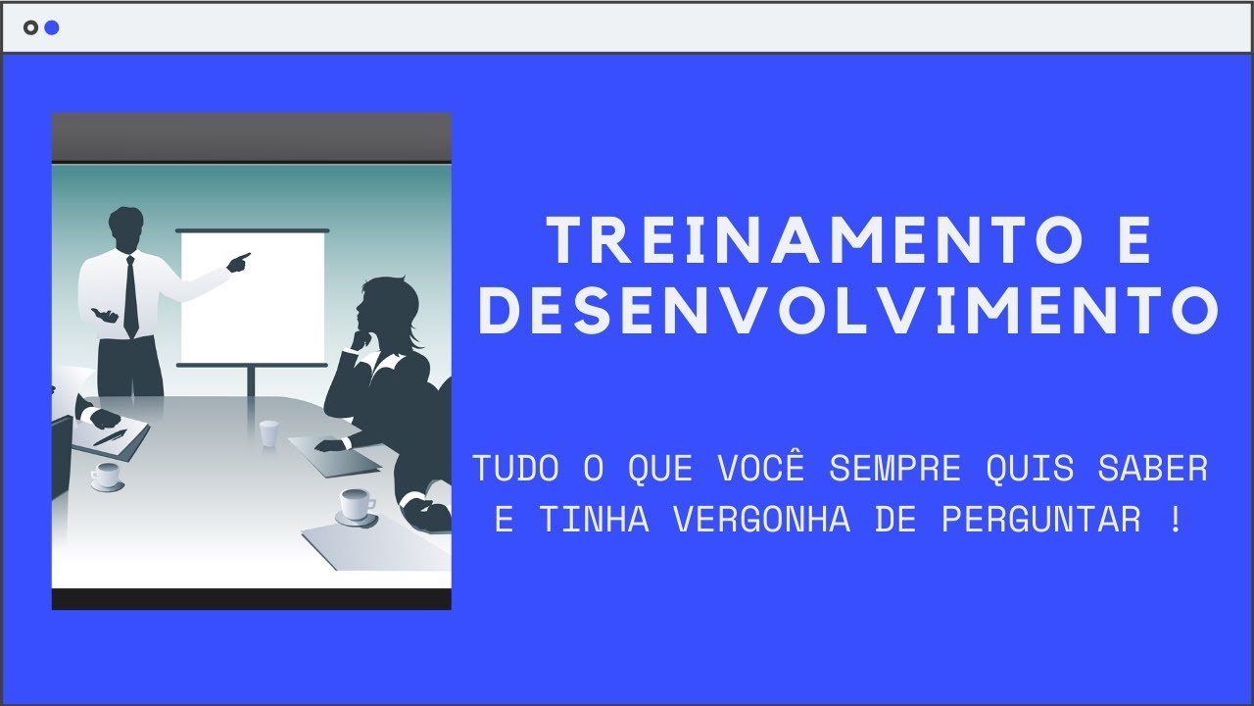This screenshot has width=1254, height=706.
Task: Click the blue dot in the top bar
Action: coord(52,27)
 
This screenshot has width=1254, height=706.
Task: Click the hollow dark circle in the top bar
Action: coord(30,27)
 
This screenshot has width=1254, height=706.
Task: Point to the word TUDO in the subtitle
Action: coord(516,470)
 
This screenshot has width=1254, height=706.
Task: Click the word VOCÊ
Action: coord(761,470)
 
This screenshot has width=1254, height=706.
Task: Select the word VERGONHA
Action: coord(761,521)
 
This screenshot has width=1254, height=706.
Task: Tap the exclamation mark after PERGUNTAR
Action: coord(1176,521)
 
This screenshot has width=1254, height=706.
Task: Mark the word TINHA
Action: coord(594,521)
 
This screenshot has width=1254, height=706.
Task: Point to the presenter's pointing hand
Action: coord(238,262)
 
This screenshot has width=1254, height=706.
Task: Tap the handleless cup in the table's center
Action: coord(268,432)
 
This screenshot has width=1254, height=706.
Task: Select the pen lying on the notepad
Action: coord(109,437)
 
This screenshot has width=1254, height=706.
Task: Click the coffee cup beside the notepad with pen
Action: coord(106,477)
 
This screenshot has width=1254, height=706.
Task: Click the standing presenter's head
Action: coord(126,228)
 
